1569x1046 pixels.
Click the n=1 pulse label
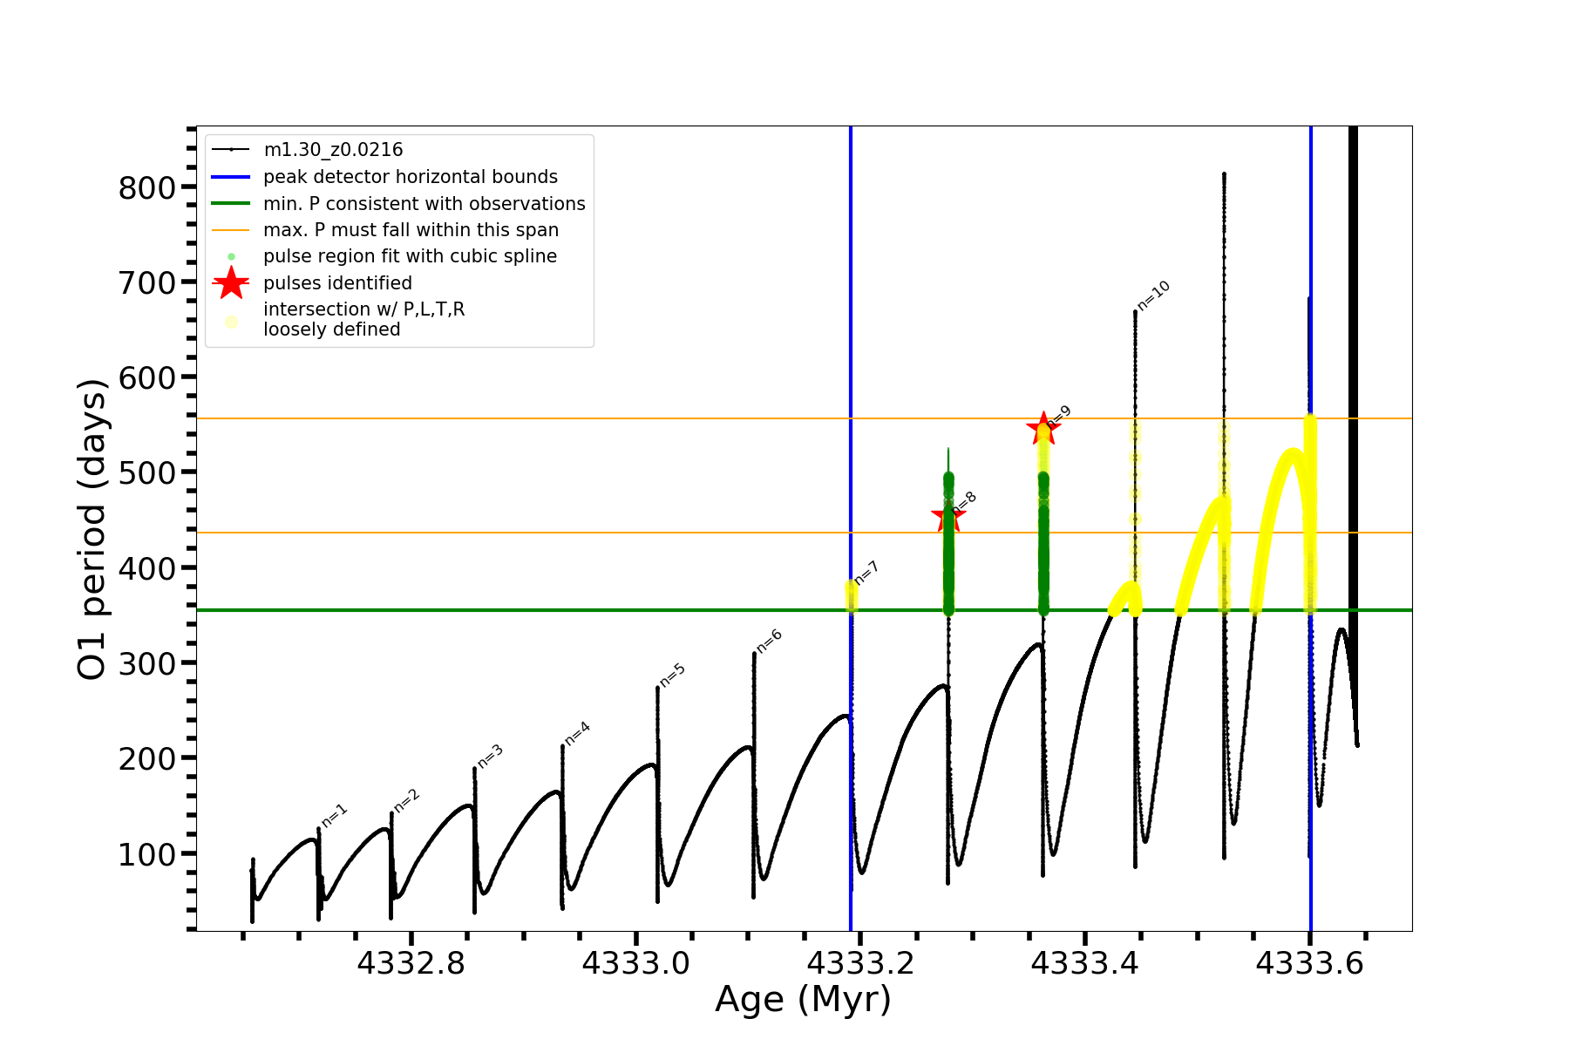point(335,815)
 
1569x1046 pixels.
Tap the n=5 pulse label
point(673,675)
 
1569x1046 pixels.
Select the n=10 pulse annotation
point(1153,296)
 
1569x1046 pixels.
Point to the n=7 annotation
point(866,573)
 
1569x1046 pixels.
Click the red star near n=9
point(1043,429)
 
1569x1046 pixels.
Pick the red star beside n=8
point(948,518)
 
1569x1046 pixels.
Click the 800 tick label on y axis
point(146,187)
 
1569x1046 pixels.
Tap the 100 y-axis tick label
point(146,854)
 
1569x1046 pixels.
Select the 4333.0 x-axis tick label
point(636,963)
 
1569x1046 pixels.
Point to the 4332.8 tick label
point(411,963)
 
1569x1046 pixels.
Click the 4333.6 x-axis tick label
point(1310,963)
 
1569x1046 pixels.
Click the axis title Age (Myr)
point(803,1000)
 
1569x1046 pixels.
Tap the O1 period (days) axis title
point(92,529)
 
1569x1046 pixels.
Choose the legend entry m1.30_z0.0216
point(333,150)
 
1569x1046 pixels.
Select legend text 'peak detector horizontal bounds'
point(411,177)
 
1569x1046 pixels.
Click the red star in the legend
point(231,283)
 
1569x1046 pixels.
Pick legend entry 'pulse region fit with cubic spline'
point(410,256)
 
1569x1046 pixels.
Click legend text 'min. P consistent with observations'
point(425,204)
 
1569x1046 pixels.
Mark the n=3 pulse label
point(491,756)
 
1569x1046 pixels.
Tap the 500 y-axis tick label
point(146,472)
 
